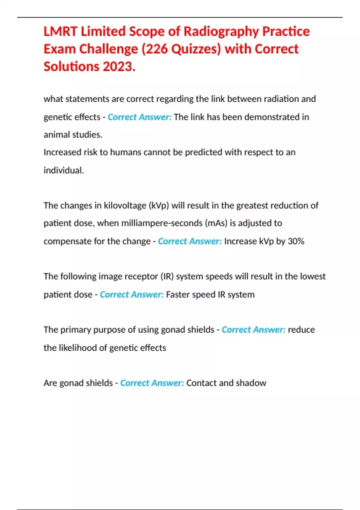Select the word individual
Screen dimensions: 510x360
tap(64, 170)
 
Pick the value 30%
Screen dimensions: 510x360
tap(296, 241)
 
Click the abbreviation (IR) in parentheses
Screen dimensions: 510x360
tap(167, 276)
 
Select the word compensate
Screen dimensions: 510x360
tap(67, 241)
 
